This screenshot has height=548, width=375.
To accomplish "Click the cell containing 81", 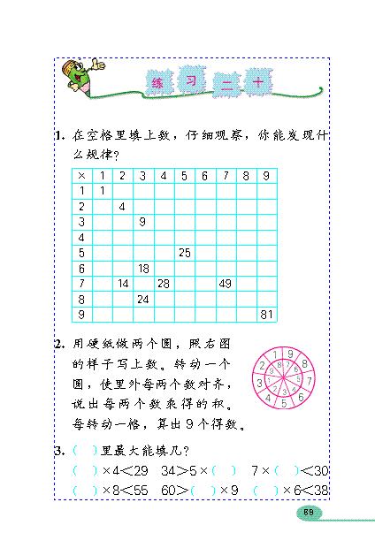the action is tap(265, 314).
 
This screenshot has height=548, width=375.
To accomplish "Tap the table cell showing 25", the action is tap(185, 253).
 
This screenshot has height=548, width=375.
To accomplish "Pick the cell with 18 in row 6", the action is tap(142, 268).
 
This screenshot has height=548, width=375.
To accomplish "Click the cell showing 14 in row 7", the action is tap(122, 284).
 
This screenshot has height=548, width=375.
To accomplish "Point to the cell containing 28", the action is tap(164, 284).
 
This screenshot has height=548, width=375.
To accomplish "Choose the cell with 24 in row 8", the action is tap(142, 299).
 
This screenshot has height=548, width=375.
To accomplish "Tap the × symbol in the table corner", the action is tap(81, 175).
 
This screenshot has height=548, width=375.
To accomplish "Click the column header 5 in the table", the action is tap(184, 175).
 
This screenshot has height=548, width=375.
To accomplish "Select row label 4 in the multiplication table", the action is tap(81, 237).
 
